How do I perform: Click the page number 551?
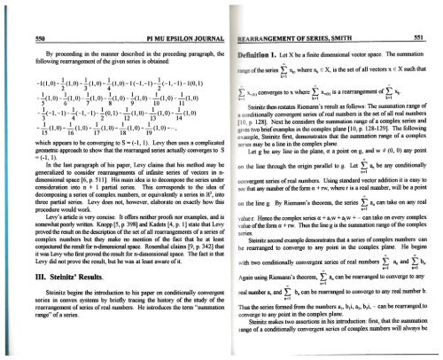click(427, 12)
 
